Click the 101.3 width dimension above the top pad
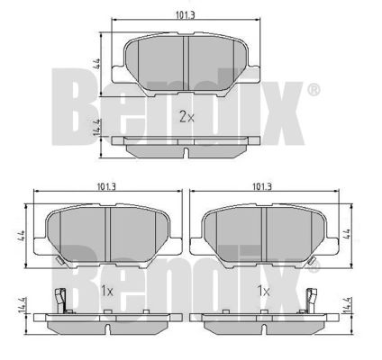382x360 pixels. tap(186, 15)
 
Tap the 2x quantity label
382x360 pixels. tap(186, 117)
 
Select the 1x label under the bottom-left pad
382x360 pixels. tap(106, 291)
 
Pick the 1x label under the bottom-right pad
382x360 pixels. tap(263, 291)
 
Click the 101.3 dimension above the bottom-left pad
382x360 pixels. tap(106, 187)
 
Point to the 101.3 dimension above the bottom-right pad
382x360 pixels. tap(262, 187)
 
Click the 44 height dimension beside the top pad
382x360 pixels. tap(97, 64)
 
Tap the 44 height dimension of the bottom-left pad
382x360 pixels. tap(22, 237)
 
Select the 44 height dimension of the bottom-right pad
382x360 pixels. tap(347, 234)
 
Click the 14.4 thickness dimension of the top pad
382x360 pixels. tap(97, 127)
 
